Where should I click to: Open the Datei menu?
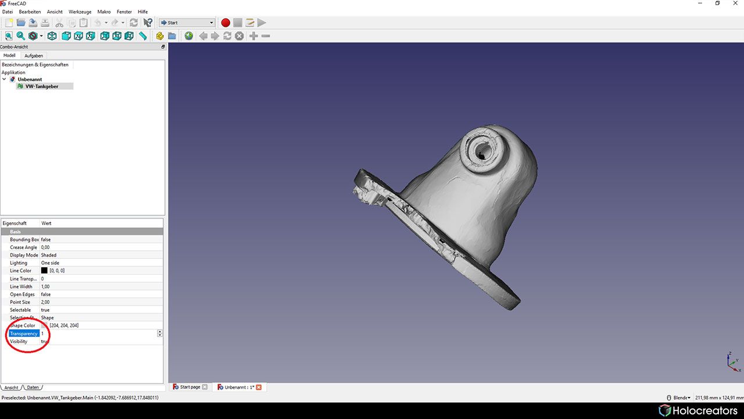click(8, 12)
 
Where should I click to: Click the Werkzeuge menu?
click(80, 12)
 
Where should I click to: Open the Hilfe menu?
click(142, 12)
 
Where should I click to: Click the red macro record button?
click(226, 23)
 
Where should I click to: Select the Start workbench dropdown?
click(187, 23)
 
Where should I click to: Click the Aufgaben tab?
click(34, 56)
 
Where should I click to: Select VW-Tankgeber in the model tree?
click(41, 86)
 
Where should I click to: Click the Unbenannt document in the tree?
click(30, 79)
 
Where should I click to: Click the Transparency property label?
click(24, 333)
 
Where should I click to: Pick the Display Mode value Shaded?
click(49, 255)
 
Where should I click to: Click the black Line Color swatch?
click(44, 271)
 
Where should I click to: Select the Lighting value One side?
click(50, 263)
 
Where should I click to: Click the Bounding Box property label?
click(24, 239)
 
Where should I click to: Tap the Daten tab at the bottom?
click(33, 388)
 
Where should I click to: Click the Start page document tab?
click(189, 387)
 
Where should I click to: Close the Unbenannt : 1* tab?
click(259, 387)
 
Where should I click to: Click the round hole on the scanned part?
click(482, 151)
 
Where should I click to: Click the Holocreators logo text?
click(704, 411)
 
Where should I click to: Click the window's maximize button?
click(717, 3)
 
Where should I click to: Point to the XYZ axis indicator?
click(732, 361)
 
